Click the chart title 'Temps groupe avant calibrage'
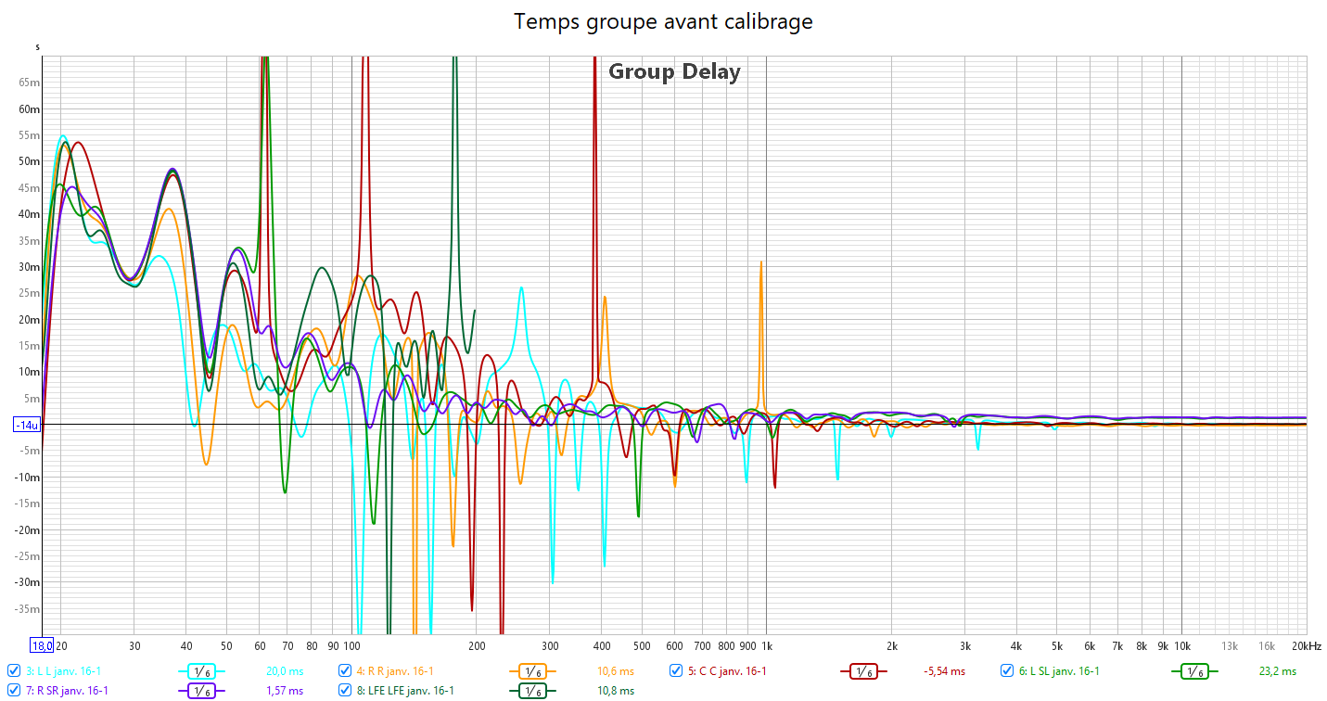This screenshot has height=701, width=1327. [x=663, y=21]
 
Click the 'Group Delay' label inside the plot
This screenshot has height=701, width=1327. [x=674, y=71]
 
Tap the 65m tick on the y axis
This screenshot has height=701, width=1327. [x=29, y=83]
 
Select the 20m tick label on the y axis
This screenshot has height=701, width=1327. [x=29, y=320]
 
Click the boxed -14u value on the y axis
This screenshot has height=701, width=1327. [x=26, y=425]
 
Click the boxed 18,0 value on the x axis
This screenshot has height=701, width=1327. [x=41, y=645]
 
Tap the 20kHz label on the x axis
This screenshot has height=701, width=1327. [x=1306, y=645]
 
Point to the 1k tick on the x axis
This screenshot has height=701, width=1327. [x=767, y=645]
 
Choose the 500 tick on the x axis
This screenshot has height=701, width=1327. [x=642, y=645]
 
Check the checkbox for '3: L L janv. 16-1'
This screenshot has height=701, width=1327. [x=13, y=671]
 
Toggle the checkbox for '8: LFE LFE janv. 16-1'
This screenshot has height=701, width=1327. [x=345, y=691]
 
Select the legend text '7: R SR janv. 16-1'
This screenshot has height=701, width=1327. [x=67, y=691]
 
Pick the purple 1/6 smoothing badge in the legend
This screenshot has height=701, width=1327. [x=203, y=691]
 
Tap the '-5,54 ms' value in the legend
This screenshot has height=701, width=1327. [x=944, y=671]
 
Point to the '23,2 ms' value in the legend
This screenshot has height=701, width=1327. [x=1277, y=671]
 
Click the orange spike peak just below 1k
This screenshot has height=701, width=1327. [x=761, y=262]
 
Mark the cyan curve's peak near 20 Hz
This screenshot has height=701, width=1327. [x=62, y=136]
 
